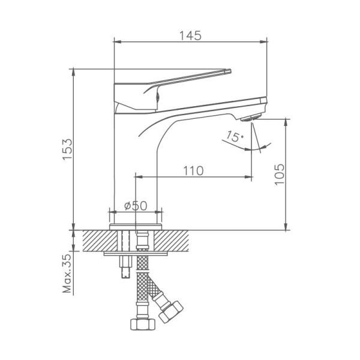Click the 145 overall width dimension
click(x=190, y=35)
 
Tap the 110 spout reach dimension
click(x=193, y=170)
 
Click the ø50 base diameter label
click(x=135, y=205)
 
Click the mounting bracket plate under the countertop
click(x=135, y=253)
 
